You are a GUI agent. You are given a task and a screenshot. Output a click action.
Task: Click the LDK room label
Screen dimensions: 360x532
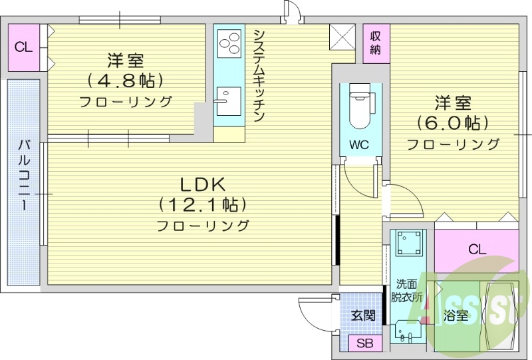pos(202,183)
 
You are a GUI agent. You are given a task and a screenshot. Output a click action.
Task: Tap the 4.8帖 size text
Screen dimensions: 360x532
pos(126,81)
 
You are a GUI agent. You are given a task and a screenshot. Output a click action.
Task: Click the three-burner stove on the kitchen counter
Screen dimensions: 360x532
pos(229,43)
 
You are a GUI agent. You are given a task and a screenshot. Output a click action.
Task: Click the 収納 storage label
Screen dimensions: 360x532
pos(376,43)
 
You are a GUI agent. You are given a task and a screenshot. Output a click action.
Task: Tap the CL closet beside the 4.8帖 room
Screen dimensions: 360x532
pos(24,47)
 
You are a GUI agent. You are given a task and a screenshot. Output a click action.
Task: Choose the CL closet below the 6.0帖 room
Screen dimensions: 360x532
pos(477,250)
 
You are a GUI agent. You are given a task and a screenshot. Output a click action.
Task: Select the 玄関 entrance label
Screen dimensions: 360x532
pos(363,315)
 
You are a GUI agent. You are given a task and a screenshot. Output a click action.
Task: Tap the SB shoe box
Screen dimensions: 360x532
pos(364,343)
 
